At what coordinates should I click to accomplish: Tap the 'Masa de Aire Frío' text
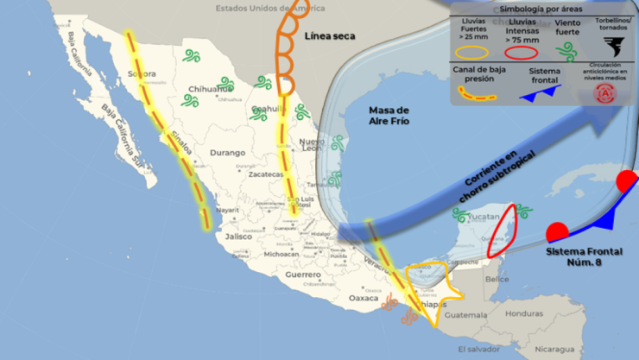(389, 116)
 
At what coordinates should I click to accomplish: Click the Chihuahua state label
(212, 88)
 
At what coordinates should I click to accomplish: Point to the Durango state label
(227, 153)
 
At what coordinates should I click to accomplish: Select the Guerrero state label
(303, 275)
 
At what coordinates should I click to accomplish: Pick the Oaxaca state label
(364, 298)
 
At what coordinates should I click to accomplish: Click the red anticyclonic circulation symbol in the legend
(607, 92)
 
